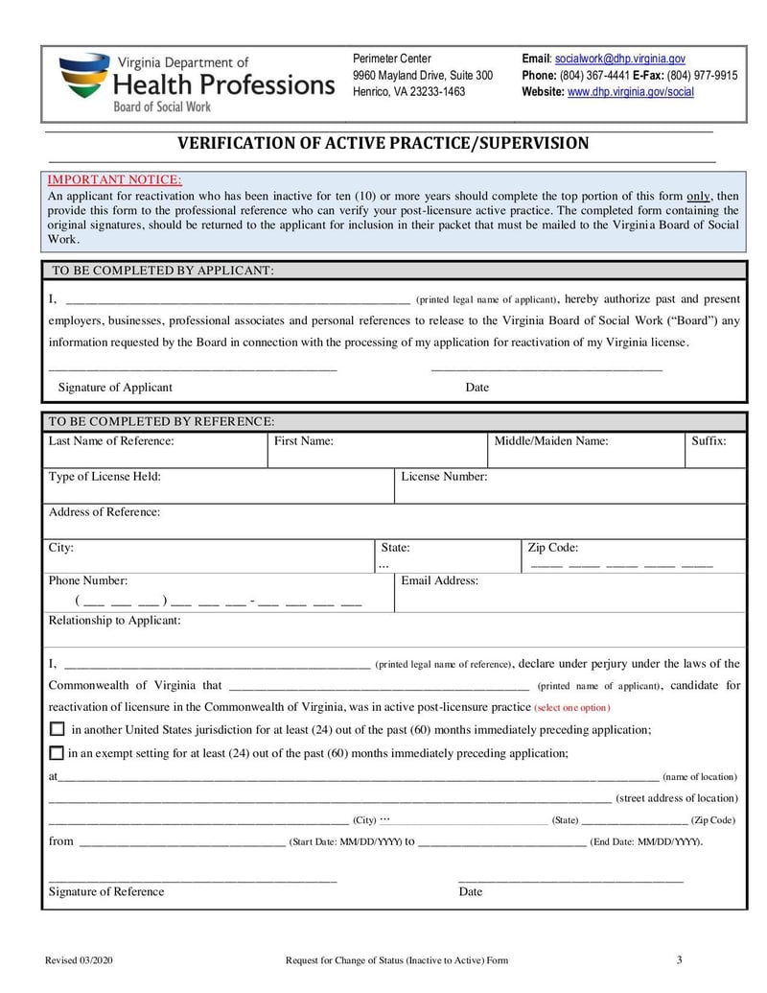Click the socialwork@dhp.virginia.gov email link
[619, 59]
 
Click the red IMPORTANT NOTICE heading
[114, 179]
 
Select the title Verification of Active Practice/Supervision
[383, 144]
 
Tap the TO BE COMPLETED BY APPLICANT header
[162, 271]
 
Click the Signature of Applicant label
[115, 388]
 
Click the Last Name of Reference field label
[111, 441]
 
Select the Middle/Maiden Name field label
[550, 441]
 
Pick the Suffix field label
[709, 441]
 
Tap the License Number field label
[444, 477]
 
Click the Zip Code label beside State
[552, 549]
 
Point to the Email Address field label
[439, 580]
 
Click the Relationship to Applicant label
[114, 621]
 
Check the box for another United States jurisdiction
[57, 729]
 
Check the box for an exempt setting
[57, 753]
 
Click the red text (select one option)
[572, 708]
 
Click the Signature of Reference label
[106, 892]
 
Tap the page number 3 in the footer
[679, 960]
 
